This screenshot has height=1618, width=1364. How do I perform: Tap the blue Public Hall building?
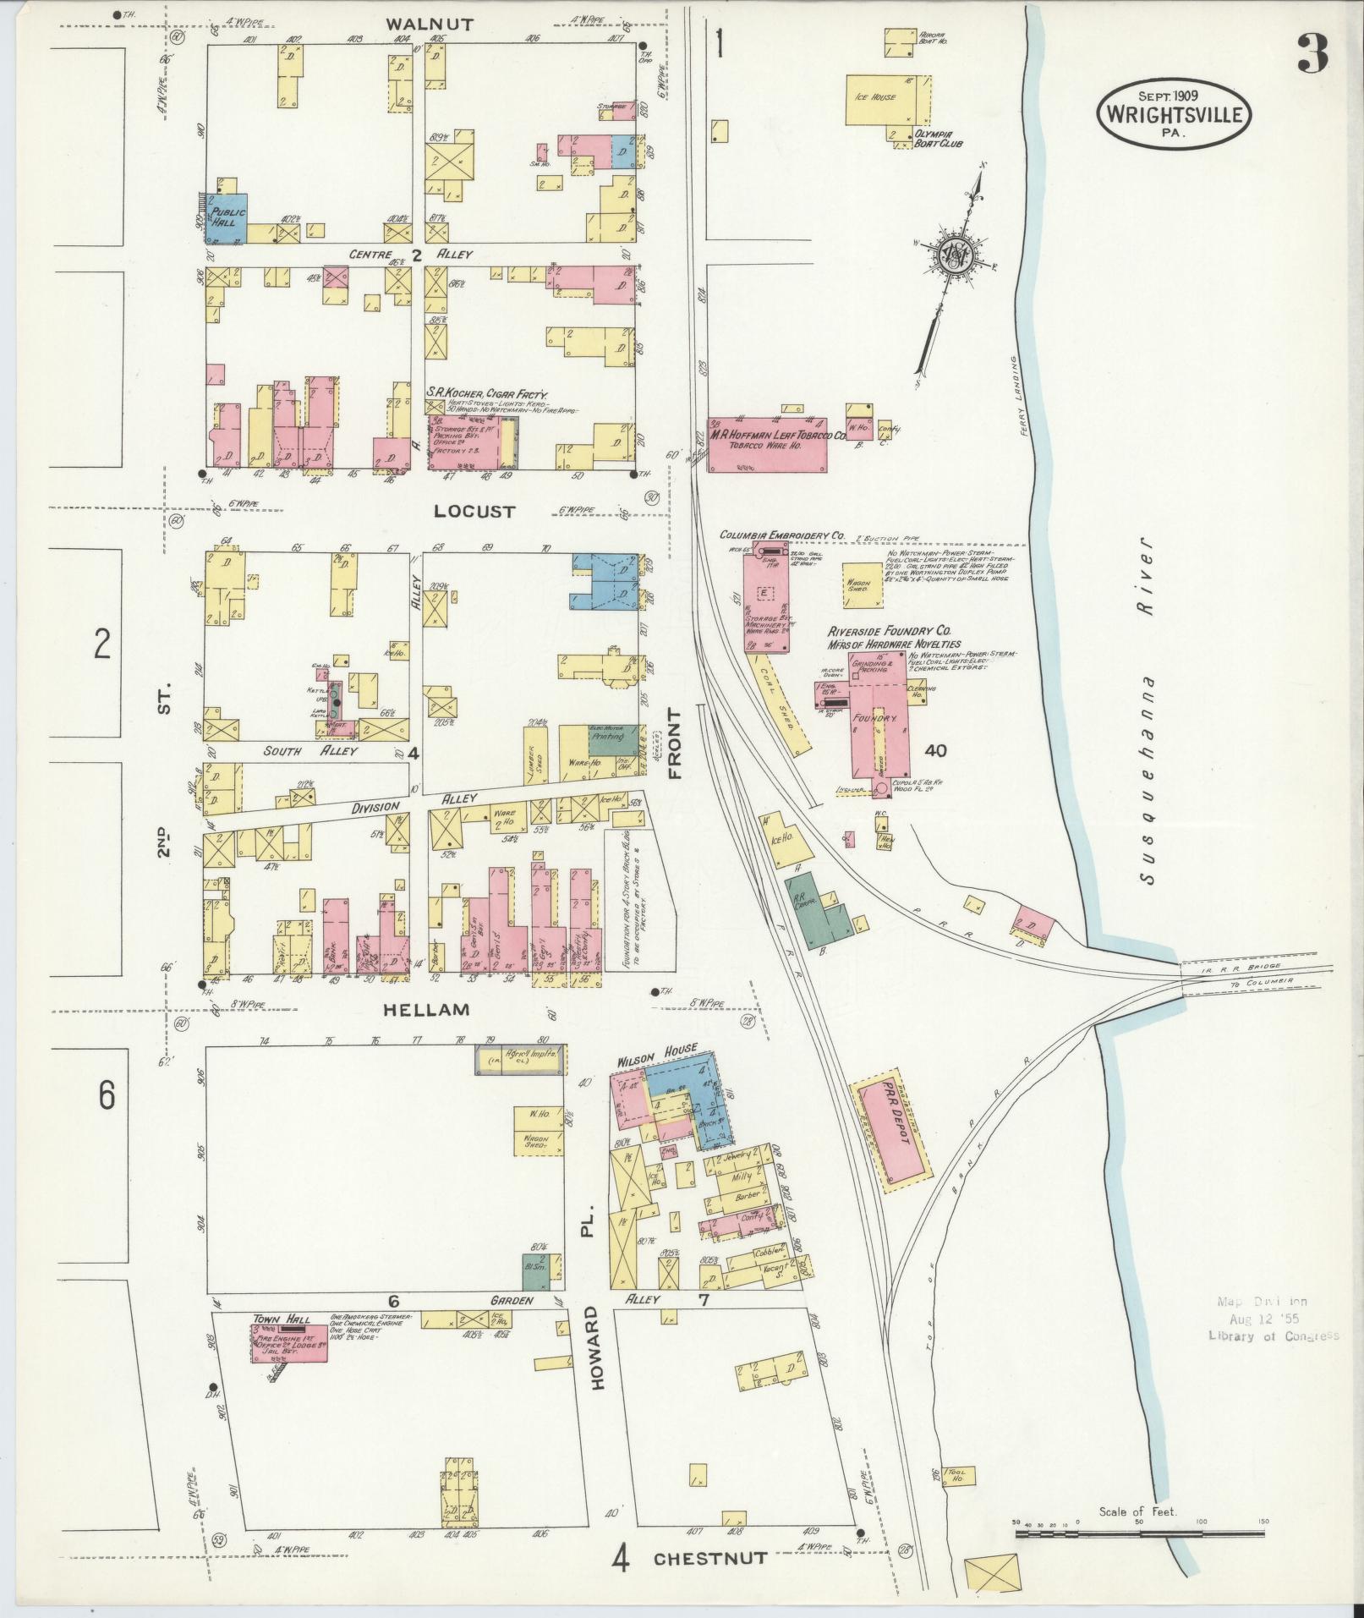point(227,217)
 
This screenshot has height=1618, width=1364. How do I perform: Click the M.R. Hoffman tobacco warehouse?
point(766,444)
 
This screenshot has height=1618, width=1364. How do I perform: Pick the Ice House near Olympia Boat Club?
point(883,100)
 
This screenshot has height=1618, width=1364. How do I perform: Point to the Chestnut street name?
point(710,1559)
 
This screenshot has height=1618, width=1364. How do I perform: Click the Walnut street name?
point(418,24)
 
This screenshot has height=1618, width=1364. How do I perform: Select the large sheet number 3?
point(1310,53)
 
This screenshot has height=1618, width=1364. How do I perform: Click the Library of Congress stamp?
point(1274,1336)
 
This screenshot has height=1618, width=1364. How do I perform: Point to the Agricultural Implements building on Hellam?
point(518,1060)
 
